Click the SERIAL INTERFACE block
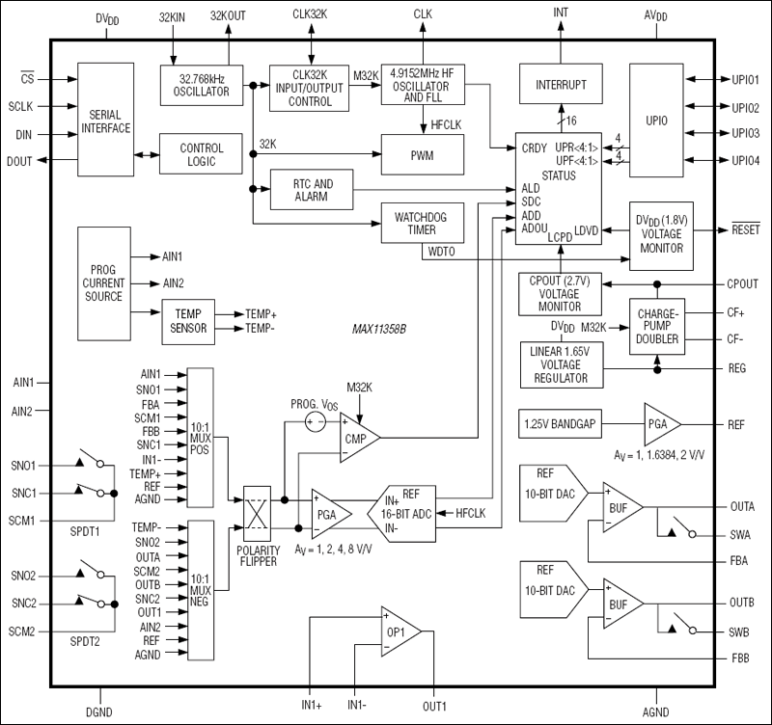[105, 121]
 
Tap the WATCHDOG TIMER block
[423, 222]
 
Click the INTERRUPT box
[561, 85]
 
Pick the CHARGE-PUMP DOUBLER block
[659, 325]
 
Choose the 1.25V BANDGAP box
[556, 424]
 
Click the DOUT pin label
[18, 161]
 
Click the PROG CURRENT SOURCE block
[104, 282]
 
